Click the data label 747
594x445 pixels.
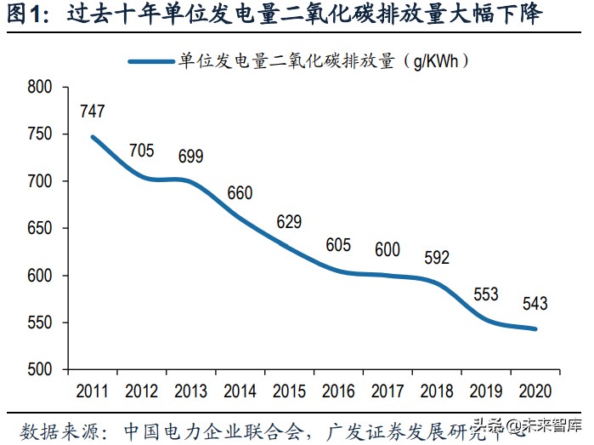pyautogui.click(x=93, y=111)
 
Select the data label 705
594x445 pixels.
pyautogui.click(x=141, y=151)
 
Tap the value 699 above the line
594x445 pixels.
pyautogui.click(x=191, y=156)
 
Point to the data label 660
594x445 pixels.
pyautogui.click(x=240, y=193)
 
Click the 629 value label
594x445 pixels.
pyautogui.click(x=289, y=222)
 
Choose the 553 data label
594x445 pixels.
pyautogui.click(x=485, y=294)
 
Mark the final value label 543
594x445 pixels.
pyautogui.click(x=535, y=304)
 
